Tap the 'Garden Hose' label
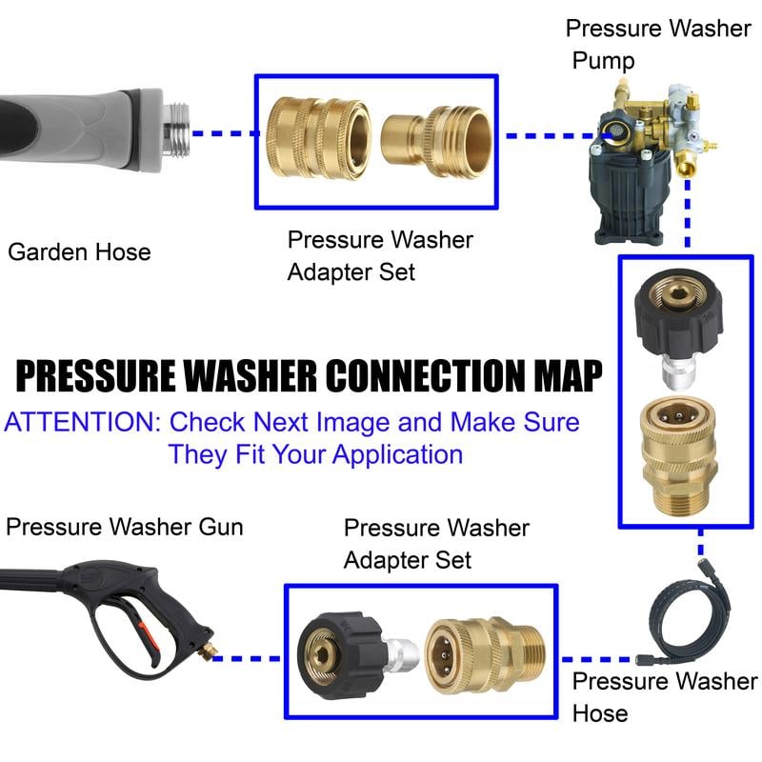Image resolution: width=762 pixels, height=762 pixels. click(x=79, y=252)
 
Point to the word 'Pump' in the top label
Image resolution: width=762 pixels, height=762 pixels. click(x=603, y=61)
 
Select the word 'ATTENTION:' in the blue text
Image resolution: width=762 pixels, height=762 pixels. click(x=80, y=422)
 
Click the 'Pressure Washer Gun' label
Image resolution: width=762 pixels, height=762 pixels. click(x=124, y=527)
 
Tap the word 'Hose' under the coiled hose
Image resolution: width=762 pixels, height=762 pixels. click(x=599, y=712)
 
